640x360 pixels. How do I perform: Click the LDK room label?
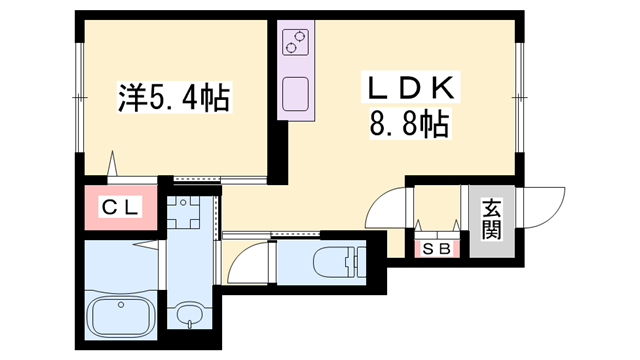(411, 87)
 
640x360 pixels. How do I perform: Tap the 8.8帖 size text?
(410, 124)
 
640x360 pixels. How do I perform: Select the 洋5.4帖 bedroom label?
(174, 97)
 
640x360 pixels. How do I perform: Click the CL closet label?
(121, 207)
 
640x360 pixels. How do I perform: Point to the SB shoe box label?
(436, 248)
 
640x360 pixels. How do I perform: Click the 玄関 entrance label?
(491, 219)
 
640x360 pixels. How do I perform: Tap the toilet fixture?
(340, 262)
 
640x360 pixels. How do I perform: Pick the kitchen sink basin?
(295, 94)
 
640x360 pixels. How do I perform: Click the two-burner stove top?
(295, 42)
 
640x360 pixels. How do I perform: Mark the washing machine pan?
(183, 212)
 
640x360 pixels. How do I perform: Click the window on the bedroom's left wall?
(80, 97)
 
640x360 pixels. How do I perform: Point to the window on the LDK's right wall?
(519, 97)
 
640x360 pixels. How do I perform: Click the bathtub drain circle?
(121, 304)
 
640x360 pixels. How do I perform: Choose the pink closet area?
(121, 207)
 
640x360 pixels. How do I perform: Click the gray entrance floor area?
(491, 221)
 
